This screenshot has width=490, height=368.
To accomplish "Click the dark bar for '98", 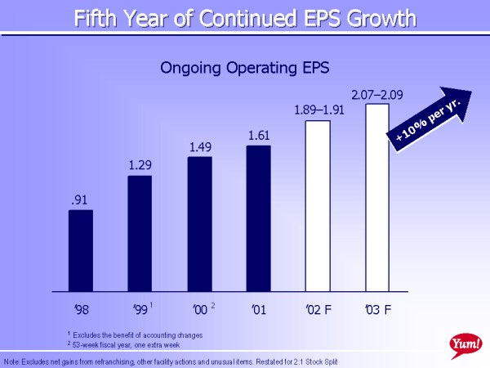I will coord(80,250).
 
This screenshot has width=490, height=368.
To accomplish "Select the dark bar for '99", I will coord(140,233).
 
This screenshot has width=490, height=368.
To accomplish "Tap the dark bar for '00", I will coord(199,223).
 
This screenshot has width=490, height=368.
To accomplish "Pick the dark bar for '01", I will coord(258,218).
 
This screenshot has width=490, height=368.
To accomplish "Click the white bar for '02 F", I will coord(317,205).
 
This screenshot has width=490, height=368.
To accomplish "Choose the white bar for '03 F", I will coord(376,197).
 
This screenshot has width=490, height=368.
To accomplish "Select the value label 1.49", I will coord(199,146).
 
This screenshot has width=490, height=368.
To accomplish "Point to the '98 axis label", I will coord(80,309).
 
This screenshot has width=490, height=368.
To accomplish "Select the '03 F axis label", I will coord(377,309).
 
